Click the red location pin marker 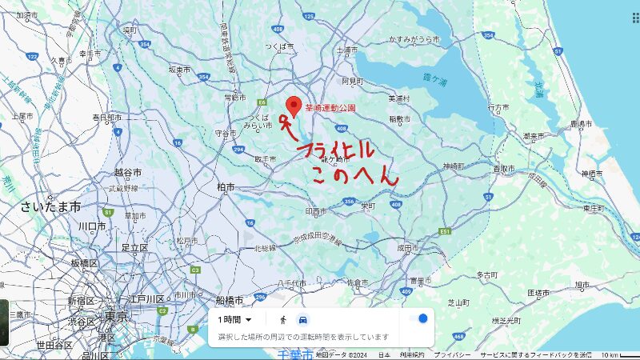(294, 106)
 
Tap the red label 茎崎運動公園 (330, 107)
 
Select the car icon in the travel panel (302, 320)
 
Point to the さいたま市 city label (51, 206)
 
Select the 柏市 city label (226, 186)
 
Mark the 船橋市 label (230, 300)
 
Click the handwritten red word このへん (354, 175)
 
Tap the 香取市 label (503, 169)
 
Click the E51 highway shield (445, 231)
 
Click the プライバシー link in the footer (454, 354)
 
